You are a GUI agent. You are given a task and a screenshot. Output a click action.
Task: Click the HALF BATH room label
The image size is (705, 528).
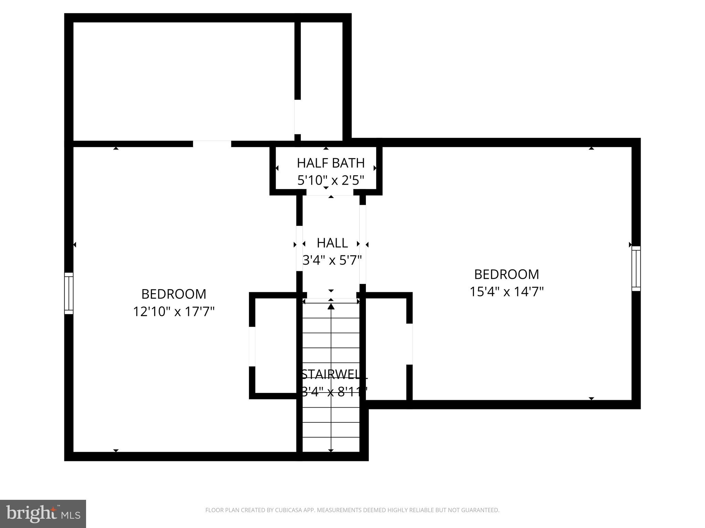point(330,163)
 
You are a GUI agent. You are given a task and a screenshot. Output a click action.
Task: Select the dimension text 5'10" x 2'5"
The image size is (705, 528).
point(330,180)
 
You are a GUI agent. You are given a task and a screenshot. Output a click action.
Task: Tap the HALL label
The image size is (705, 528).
point(332,243)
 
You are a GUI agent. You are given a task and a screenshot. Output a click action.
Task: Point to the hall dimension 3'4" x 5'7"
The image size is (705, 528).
point(332,260)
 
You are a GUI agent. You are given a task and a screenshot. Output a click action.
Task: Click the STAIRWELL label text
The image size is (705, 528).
point(334,374)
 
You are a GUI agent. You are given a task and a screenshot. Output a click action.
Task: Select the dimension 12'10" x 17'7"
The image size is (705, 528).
point(174,312)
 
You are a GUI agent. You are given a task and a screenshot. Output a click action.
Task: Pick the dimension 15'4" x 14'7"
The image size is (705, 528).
point(506,292)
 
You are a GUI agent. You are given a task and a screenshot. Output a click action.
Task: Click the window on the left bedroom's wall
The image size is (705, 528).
point(69,293)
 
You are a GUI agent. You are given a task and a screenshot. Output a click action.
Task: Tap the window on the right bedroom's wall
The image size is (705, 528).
point(636,269)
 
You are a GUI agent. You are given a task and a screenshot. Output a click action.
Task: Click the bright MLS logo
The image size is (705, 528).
point(43,514)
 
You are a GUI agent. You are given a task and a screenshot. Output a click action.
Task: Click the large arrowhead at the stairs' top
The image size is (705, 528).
point(331,306)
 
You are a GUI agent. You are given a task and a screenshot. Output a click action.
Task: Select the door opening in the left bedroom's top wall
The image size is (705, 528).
point(212,144)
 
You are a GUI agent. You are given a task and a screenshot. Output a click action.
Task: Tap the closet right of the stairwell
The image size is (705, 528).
point(386,347)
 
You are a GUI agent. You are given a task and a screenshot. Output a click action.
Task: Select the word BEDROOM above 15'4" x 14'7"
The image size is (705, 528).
point(506,274)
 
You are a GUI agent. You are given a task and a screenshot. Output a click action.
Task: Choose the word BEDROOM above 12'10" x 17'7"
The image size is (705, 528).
point(174,294)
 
